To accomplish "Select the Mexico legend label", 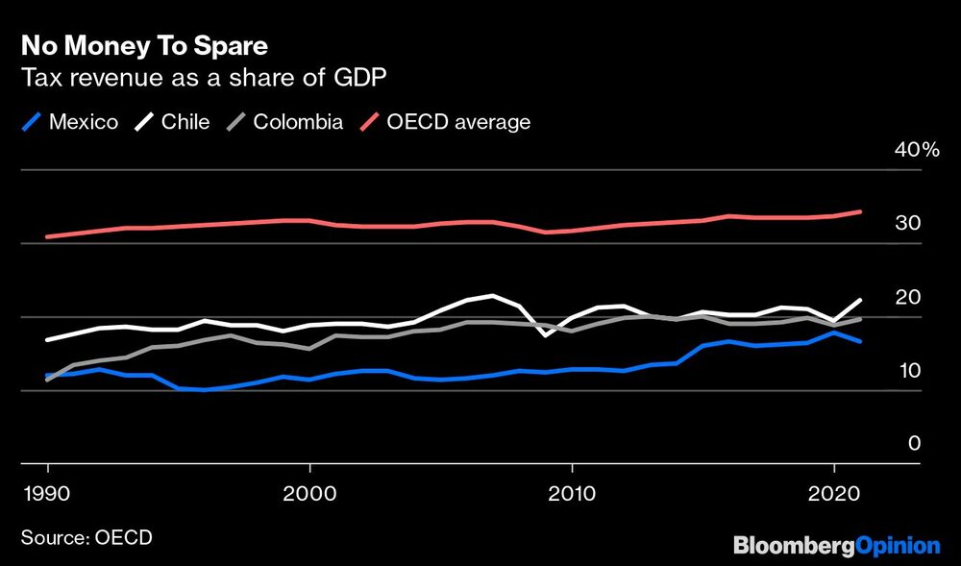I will point(84,122).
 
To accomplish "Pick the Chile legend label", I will point(185,122).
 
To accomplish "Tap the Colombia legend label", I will point(298,122).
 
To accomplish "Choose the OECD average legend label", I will point(458,122).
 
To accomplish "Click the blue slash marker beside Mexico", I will point(33,122).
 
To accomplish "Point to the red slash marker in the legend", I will point(370,122).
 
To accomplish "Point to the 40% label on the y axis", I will point(916,150).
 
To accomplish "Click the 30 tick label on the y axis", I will point(909,223).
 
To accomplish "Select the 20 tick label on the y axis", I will point(909,297).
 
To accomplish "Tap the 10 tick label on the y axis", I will point(909,371).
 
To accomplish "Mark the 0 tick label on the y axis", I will point(914,443).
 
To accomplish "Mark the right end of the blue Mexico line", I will point(860,341).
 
